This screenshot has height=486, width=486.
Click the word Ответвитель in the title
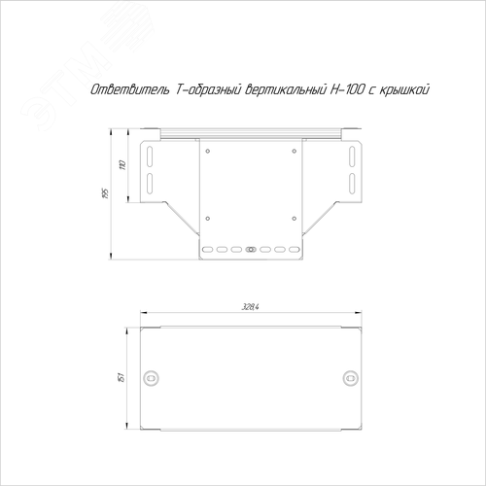coord(130,89)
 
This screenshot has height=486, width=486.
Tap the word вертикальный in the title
coord(285,90)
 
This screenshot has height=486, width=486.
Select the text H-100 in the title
coord(347,89)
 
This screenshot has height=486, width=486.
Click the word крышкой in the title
coord(404,89)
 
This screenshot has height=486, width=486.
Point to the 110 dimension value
coord(122,165)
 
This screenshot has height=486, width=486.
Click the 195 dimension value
coord(105,193)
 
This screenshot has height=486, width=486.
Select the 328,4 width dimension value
coord(251,307)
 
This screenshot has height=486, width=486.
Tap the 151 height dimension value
coord(121,377)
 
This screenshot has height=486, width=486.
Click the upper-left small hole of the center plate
coord(208,151)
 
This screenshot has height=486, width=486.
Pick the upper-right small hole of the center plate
coord(295,151)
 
